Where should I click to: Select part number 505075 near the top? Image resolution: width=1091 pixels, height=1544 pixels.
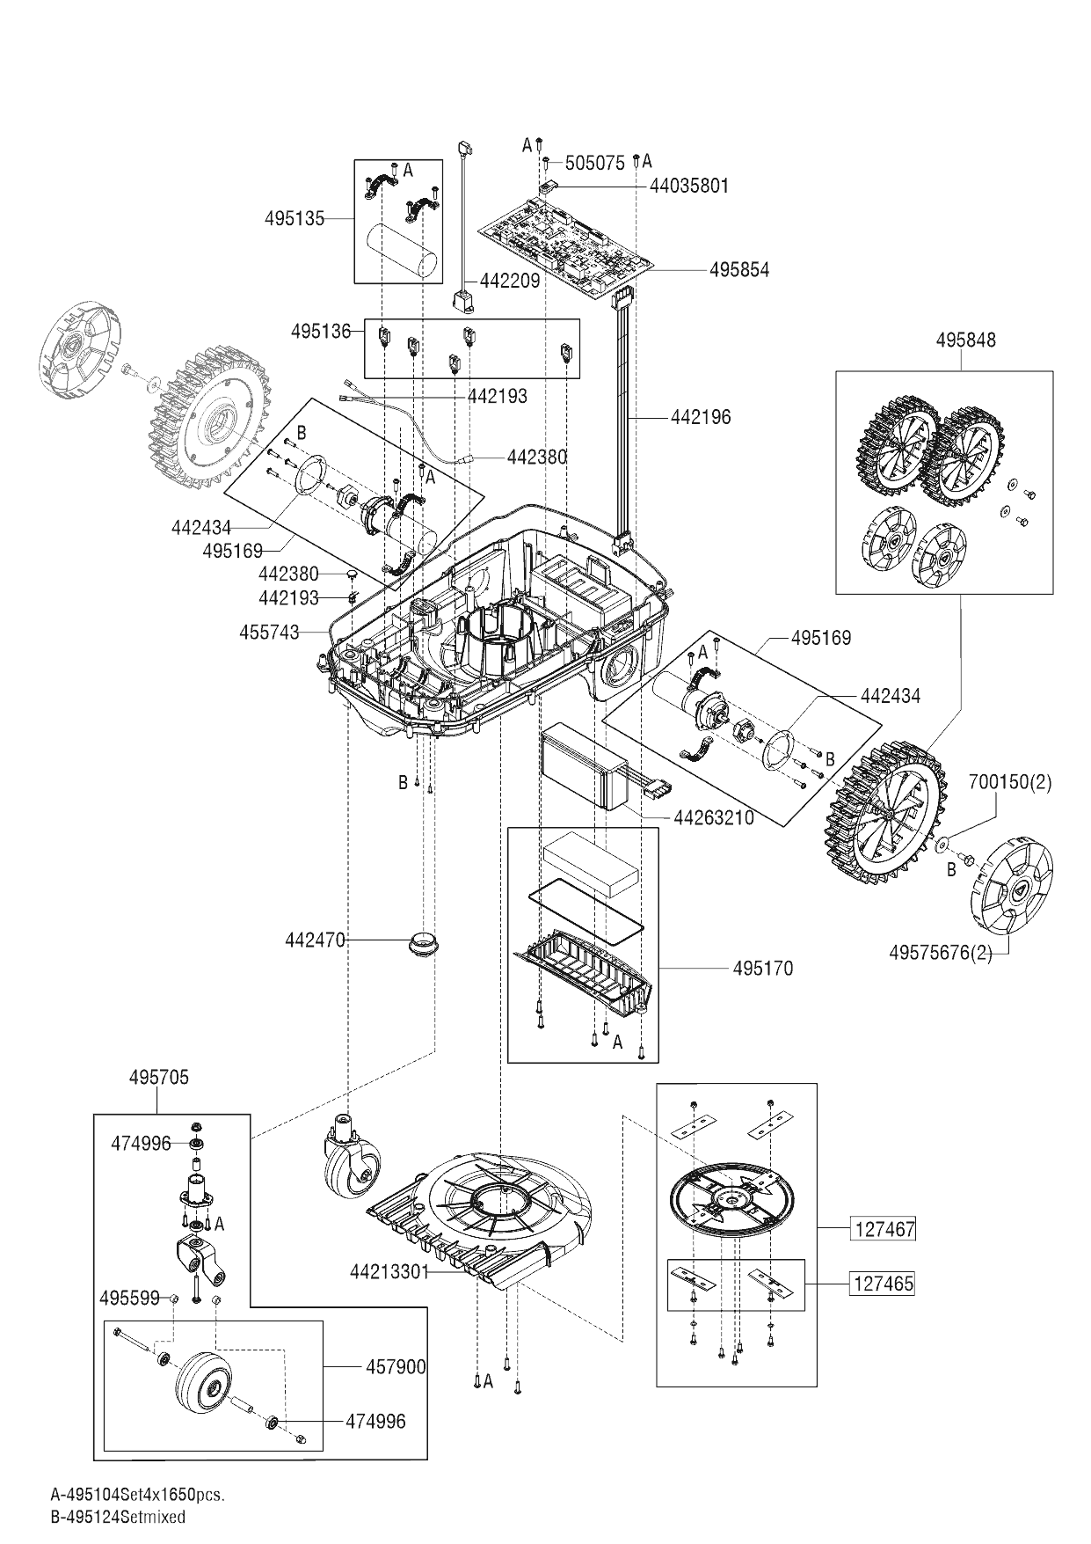594,163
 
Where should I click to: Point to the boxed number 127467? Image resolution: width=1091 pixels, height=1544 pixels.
884,1229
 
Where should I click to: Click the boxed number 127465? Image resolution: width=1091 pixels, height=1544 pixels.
884,1284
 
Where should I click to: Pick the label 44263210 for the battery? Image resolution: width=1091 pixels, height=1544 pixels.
713,818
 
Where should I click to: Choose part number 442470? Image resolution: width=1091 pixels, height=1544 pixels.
314,940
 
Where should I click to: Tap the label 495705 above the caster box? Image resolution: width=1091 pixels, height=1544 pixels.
158,1077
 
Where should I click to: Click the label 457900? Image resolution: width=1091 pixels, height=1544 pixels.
396,1366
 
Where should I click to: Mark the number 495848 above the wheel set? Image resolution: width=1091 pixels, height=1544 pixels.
966,340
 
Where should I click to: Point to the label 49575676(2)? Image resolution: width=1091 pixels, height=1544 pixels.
941,953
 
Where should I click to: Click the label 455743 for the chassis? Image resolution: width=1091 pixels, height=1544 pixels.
269,632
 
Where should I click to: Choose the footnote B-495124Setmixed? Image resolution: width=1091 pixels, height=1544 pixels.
119,1517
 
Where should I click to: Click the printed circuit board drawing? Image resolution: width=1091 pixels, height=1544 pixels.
567,238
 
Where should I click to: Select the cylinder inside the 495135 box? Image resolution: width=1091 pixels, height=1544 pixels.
401,252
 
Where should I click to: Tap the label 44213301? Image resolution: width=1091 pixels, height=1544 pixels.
389,1271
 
